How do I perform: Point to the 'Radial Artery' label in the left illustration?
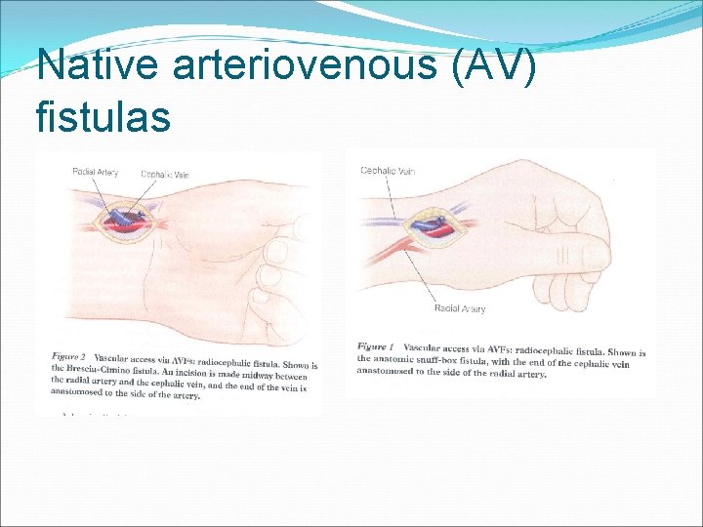(x=95, y=173)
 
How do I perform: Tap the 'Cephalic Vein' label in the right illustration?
(x=388, y=170)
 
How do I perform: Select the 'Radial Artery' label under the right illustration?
(x=460, y=309)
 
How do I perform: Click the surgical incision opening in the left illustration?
(x=131, y=222)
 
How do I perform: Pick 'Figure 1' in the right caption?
(x=375, y=346)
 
